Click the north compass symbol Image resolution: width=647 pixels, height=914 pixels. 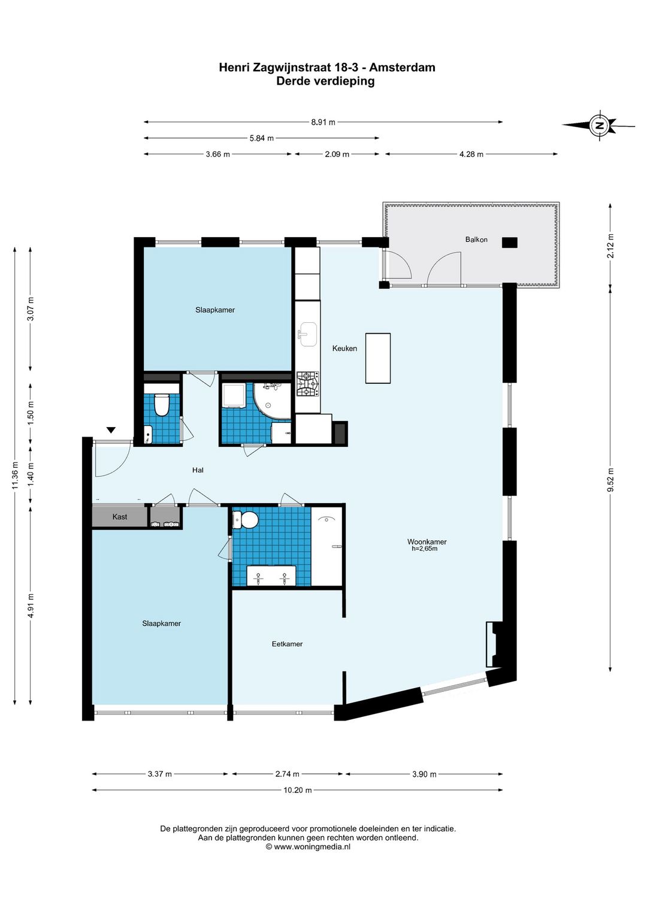coord(599,125)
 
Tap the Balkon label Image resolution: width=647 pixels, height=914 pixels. coord(476,240)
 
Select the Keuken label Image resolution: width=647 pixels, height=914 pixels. coord(344,348)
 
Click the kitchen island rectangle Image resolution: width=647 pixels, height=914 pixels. coord(377,358)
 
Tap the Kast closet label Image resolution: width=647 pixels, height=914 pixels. coord(120,516)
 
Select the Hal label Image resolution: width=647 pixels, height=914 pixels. coord(198,470)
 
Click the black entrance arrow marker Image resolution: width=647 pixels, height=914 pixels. coord(111,430)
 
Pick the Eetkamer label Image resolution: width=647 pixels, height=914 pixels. coord(287,644)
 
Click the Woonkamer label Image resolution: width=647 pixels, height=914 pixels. coord(427,542)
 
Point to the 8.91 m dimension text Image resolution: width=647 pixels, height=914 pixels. coord(323,122)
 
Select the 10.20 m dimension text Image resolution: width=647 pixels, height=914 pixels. coord(298,790)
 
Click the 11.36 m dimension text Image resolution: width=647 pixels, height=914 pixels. coord(15,475)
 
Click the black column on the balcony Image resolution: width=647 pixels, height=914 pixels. coord(509,243)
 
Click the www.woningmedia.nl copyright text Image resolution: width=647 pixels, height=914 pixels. coord(308,847)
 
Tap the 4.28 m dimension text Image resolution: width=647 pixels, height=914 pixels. coord(471,155)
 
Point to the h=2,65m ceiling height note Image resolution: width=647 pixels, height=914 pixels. coord(425,549)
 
